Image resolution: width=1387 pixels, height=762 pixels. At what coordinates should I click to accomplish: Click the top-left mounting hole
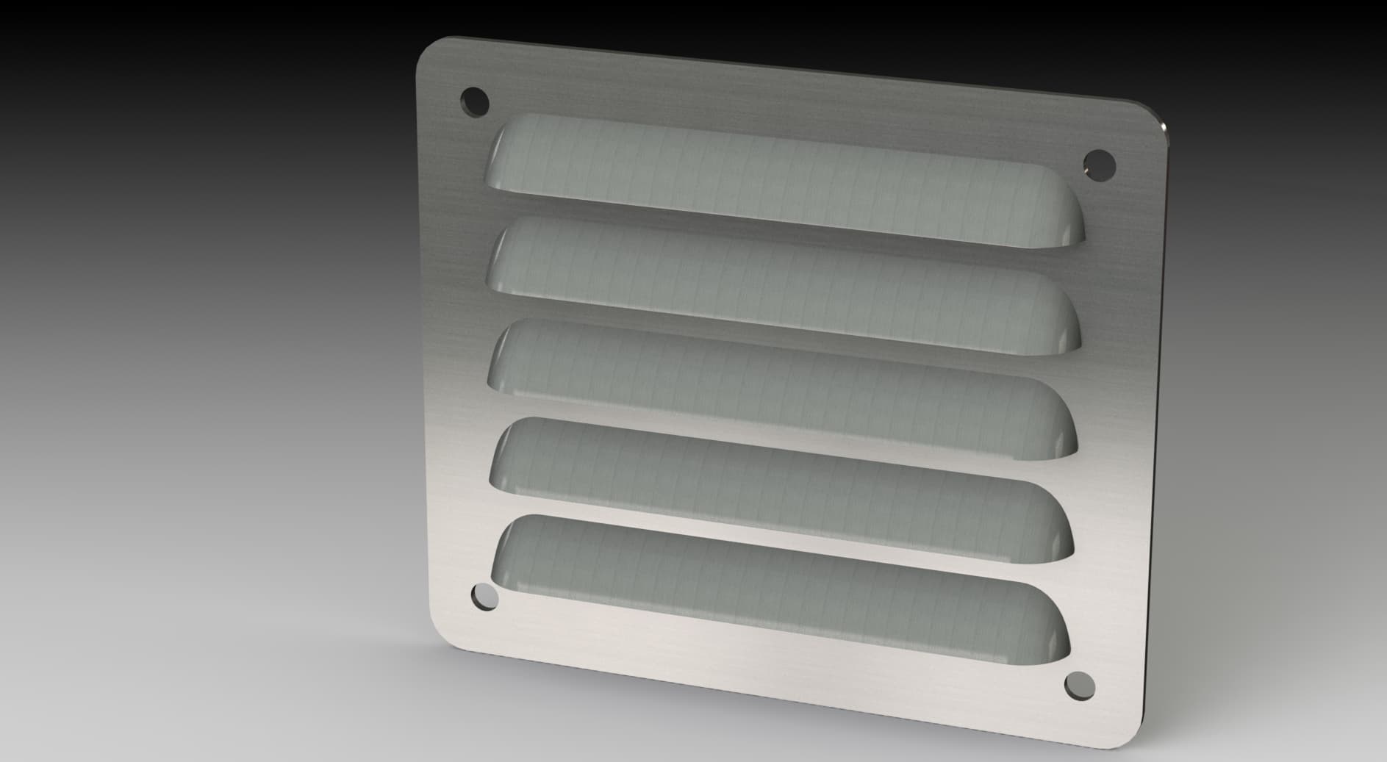click(x=474, y=101)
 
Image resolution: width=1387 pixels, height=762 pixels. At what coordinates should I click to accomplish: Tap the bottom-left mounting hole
click(x=484, y=597)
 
